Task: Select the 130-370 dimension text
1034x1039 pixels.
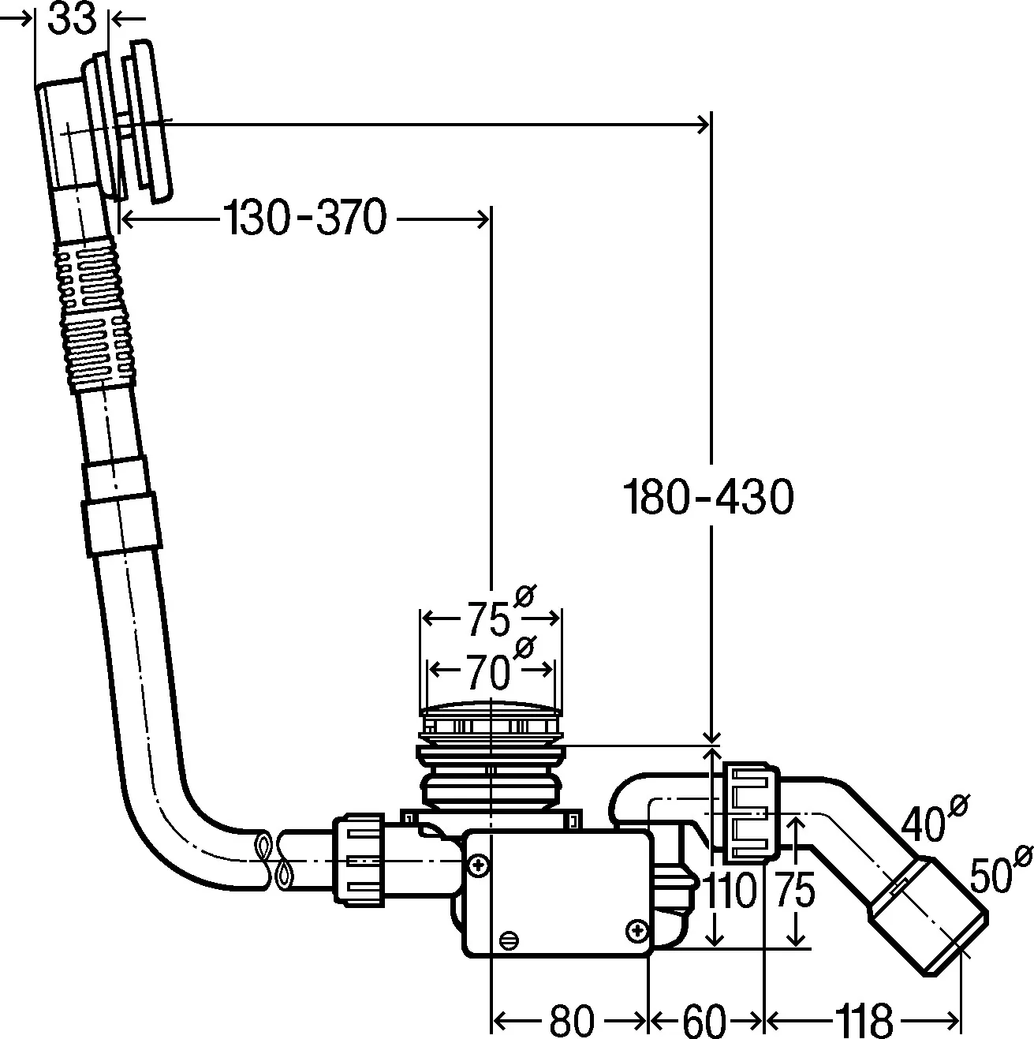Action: [x=305, y=218]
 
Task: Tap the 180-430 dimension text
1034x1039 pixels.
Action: [x=707, y=498]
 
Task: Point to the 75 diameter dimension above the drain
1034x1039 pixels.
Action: [x=489, y=619]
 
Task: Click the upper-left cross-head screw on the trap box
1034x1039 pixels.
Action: [x=477, y=865]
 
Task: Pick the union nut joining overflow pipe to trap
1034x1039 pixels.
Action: [x=360, y=862]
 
